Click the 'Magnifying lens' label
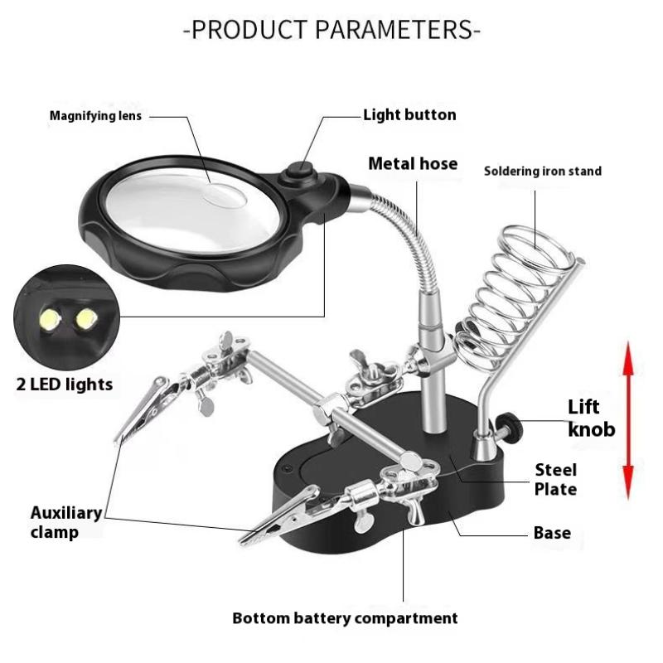(96, 116)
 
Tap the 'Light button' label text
(409, 115)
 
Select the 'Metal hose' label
(413, 163)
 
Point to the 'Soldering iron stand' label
(543, 172)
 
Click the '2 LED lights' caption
(64, 385)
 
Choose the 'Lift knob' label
(591, 418)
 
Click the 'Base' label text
(552, 532)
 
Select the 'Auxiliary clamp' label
(66, 521)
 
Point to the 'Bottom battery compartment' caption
(345, 618)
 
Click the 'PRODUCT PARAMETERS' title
(331, 31)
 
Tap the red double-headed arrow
(628, 420)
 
